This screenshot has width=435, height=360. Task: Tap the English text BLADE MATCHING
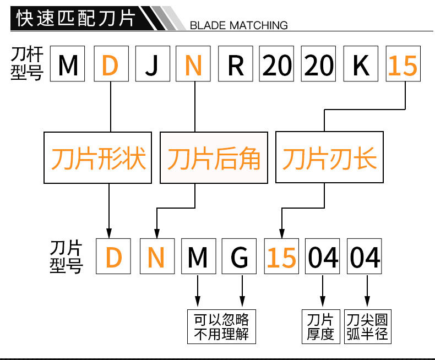tap(238, 25)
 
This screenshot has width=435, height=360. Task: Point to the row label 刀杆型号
tap(26, 64)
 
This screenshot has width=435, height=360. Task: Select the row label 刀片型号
tap(66, 256)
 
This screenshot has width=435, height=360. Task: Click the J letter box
tap(151, 66)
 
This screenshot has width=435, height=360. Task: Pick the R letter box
tap(236, 66)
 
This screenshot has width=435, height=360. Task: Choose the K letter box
tap(361, 66)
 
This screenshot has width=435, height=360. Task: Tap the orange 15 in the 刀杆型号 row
tap(403, 66)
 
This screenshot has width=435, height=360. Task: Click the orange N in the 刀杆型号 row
tap(194, 66)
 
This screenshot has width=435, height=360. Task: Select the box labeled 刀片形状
tap(99, 158)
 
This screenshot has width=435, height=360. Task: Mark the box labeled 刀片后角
tap(214, 158)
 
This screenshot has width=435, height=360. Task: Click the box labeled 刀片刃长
tap(329, 158)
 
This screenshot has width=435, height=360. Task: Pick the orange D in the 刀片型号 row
tap(113, 257)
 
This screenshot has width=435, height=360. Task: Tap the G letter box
tap(240, 257)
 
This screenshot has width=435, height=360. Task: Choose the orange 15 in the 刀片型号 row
tap(281, 257)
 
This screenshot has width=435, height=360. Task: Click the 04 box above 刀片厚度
tap(323, 257)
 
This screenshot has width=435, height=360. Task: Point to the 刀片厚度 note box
tap(320, 326)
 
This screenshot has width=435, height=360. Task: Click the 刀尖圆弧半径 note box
tap(367, 326)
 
